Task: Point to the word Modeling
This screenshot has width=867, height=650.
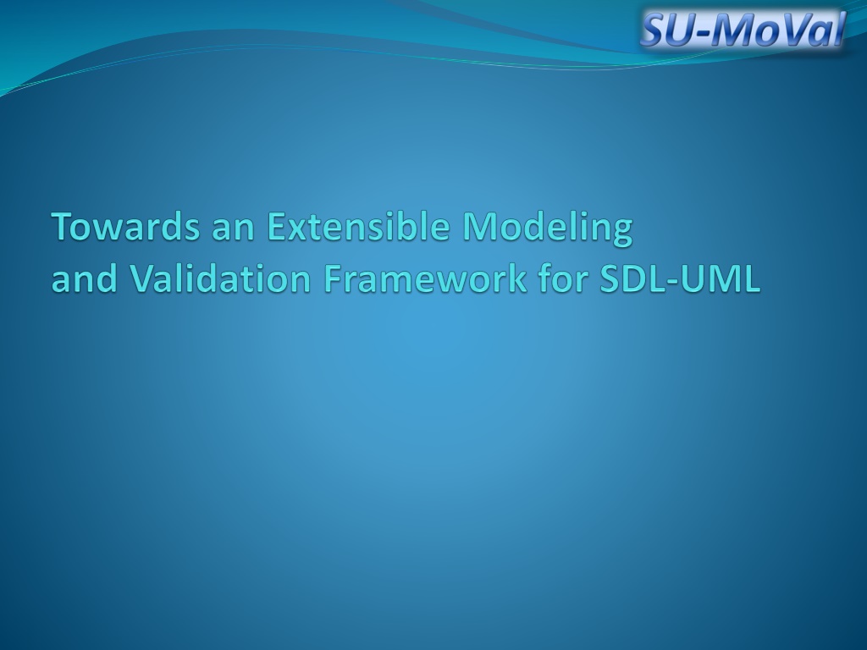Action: pyautogui.click(x=548, y=229)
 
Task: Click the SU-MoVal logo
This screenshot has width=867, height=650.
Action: pyautogui.click(x=743, y=29)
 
